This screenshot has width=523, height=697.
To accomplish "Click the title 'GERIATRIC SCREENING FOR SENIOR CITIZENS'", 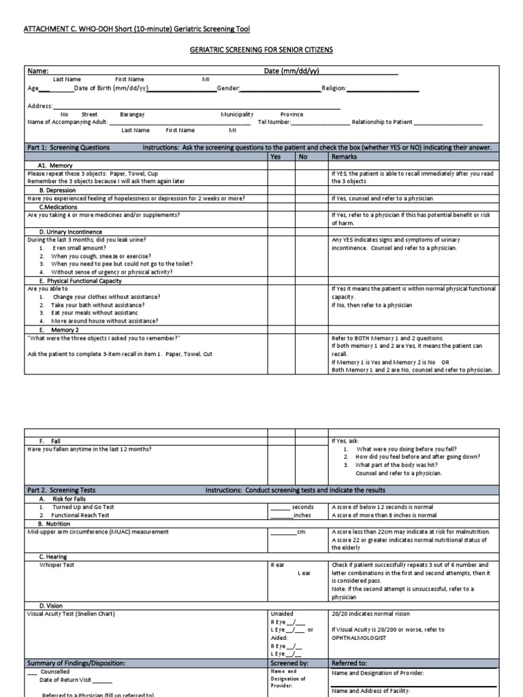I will (x=261, y=51).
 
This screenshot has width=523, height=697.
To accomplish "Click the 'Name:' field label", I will (x=37, y=71).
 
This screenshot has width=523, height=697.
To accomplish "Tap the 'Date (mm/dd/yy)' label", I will (x=292, y=71).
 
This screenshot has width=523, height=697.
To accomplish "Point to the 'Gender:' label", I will (x=228, y=88).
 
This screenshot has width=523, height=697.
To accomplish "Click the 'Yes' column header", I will (x=276, y=157).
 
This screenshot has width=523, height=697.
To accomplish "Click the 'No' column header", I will (x=304, y=157).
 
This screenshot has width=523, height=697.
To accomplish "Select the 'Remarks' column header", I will (x=344, y=157).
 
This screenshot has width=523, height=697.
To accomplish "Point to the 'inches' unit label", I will (x=302, y=515).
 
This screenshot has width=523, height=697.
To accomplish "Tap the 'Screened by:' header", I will (x=289, y=662).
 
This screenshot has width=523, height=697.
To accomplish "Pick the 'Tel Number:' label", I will (x=274, y=122).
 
